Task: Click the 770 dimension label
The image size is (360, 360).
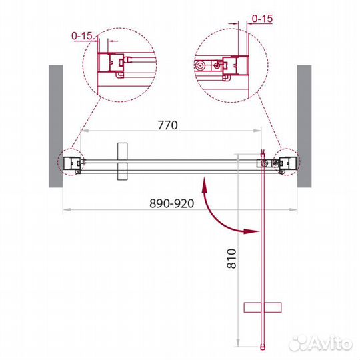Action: coord(168,125)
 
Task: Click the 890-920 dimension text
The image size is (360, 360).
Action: coord(172,203)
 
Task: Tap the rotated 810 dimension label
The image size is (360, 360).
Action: coord(231,259)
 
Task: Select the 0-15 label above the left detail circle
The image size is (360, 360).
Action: coord(82,36)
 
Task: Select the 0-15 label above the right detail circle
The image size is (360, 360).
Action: coord(262,19)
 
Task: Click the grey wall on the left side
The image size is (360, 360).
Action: coord(56,126)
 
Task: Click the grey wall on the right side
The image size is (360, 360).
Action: coord(304,126)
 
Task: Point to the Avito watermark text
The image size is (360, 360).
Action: coord(321,343)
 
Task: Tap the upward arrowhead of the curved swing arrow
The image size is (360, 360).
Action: coord(205,185)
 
